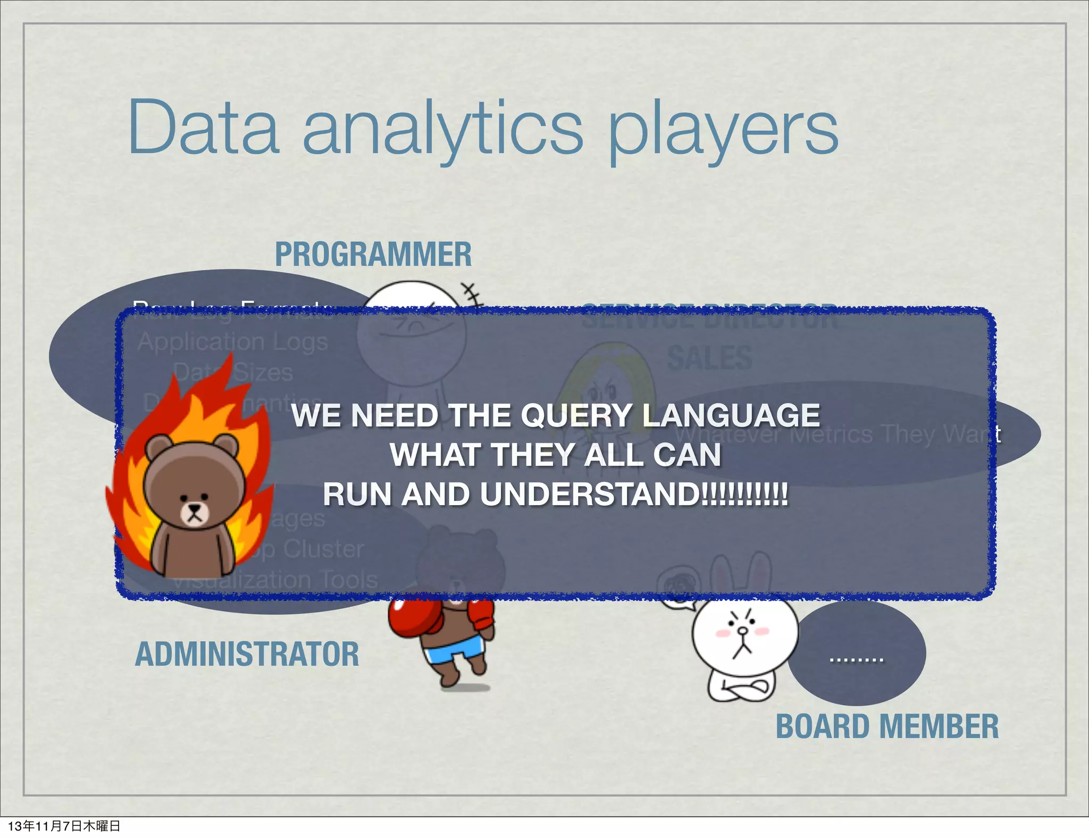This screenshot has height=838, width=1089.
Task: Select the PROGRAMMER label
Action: pyautogui.click(x=373, y=254)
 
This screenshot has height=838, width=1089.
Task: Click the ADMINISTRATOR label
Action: pyautogui.click(x=247, y=654)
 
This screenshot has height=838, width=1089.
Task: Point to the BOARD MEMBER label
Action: pyautogui.click(x=887, y=726)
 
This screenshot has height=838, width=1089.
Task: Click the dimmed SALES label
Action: pyautogui.click(x=710, y=357)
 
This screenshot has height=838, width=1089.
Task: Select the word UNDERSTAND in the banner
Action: pyautogui.click(x=590, y=495)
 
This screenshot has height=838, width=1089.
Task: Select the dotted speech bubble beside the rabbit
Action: pyautogui.click(x=857, y=653)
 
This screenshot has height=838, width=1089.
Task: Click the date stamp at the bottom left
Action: pyautogui.click(x=64, y=826)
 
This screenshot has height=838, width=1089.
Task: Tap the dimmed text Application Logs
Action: pyautogui.click(x=232, y=342)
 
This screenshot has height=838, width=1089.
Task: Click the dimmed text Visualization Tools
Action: pyautogui.click(x=277, y=580)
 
